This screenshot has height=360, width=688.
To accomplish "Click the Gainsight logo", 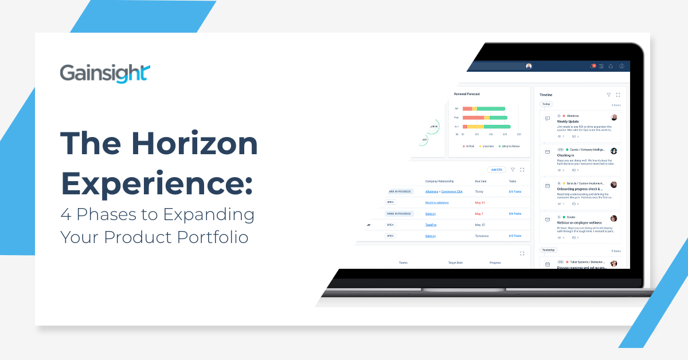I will coord(105,74).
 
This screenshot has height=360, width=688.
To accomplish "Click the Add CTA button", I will coord(496,170).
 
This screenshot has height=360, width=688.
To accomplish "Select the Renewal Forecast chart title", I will coord(467,94).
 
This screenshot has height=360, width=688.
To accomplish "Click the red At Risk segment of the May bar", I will coord(473,118).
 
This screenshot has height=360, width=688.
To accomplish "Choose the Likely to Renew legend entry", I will coord(510,146).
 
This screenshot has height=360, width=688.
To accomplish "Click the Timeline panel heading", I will coord(546,95).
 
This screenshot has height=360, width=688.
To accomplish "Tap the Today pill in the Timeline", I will coord(546,104).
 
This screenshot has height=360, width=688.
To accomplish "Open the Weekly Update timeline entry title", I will coord(568,122).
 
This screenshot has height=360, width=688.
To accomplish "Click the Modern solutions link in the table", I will coord(437,202).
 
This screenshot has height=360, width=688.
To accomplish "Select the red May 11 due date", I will coord(479,202).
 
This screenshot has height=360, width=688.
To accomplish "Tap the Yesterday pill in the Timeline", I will coord(549,250).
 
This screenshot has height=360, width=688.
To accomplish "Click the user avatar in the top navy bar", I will coord(529,66).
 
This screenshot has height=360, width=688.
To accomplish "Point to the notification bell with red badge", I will coord(593,66).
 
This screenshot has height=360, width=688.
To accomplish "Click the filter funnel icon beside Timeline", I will coord(608,95).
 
